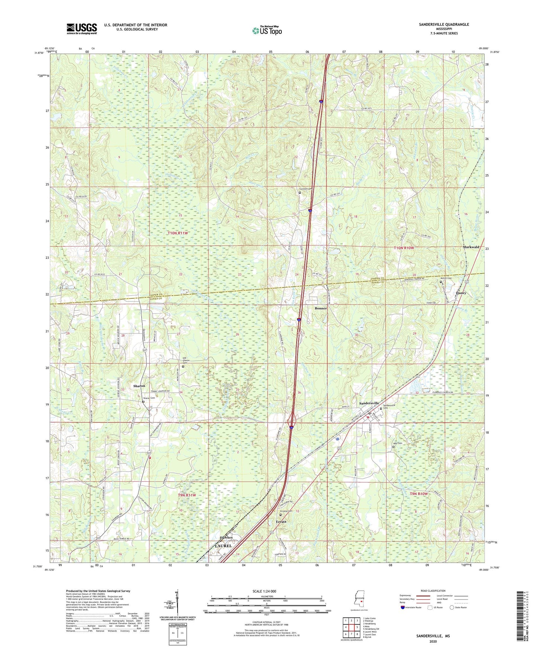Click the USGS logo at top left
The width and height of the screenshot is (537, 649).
(82, 28)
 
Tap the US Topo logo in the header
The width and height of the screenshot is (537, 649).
(267, 30)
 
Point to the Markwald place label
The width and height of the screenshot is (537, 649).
(471, 247)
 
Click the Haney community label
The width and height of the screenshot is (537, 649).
(461, 293)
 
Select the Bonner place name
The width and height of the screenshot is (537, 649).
(321, 309)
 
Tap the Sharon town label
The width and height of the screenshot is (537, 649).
(139, 386)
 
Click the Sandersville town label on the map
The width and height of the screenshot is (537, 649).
(369, 403)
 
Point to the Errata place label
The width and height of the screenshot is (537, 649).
(281, 522)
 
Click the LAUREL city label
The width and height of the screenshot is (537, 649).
(223, 546)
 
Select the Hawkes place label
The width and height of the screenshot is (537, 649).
(226, 537)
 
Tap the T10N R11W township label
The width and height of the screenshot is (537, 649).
(178, 233)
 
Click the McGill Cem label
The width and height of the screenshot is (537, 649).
(446, 278)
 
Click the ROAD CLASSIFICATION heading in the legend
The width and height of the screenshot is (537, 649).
(433, 591)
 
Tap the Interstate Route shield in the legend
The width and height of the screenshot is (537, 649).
(403, 607)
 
